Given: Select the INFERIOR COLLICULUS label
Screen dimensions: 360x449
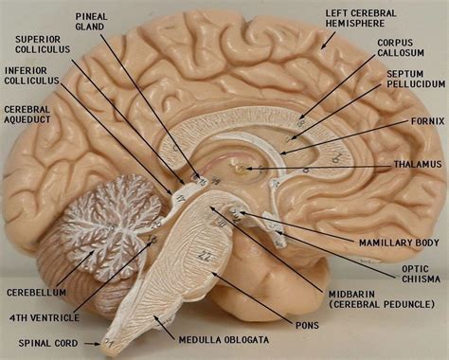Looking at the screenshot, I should [x=32, y=74].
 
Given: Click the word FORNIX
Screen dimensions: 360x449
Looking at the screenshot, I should [x=422, y=120].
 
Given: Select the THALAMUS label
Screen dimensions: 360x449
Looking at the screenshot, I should [x=418, y=164].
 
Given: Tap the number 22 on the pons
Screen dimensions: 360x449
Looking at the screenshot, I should [x=204, y=257].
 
